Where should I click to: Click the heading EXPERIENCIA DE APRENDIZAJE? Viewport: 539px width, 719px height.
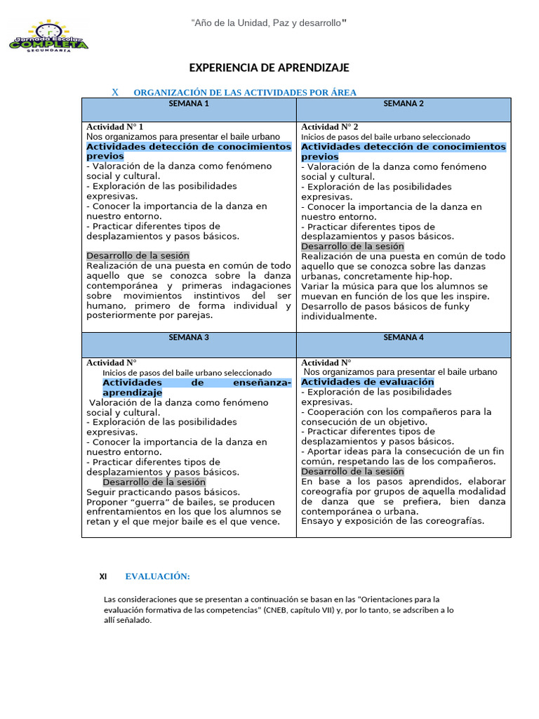point(269,67)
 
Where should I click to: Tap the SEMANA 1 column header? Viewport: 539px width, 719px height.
point(189,103)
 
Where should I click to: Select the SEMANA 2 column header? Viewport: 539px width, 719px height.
point(404,103)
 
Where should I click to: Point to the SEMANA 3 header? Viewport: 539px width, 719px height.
point(189,337)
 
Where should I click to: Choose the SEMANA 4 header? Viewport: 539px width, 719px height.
point(404,337)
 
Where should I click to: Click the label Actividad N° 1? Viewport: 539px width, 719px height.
point(115,126)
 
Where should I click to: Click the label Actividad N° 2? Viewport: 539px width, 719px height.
point(330,126)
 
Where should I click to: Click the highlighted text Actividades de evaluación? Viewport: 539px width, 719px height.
point(367,382)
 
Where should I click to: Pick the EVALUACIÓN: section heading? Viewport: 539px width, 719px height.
point(158,576)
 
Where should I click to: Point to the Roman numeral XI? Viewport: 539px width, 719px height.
point(103,576)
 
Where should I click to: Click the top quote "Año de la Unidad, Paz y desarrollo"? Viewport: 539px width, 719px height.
point(269,24)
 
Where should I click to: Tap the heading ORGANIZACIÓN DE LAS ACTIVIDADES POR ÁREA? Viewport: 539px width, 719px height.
point(245,92)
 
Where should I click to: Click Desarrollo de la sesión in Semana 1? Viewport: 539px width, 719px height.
point(138,256)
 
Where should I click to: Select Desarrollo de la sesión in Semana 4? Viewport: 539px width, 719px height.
point(352,472)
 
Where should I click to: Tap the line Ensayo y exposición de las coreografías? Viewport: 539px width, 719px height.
point(392,521)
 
